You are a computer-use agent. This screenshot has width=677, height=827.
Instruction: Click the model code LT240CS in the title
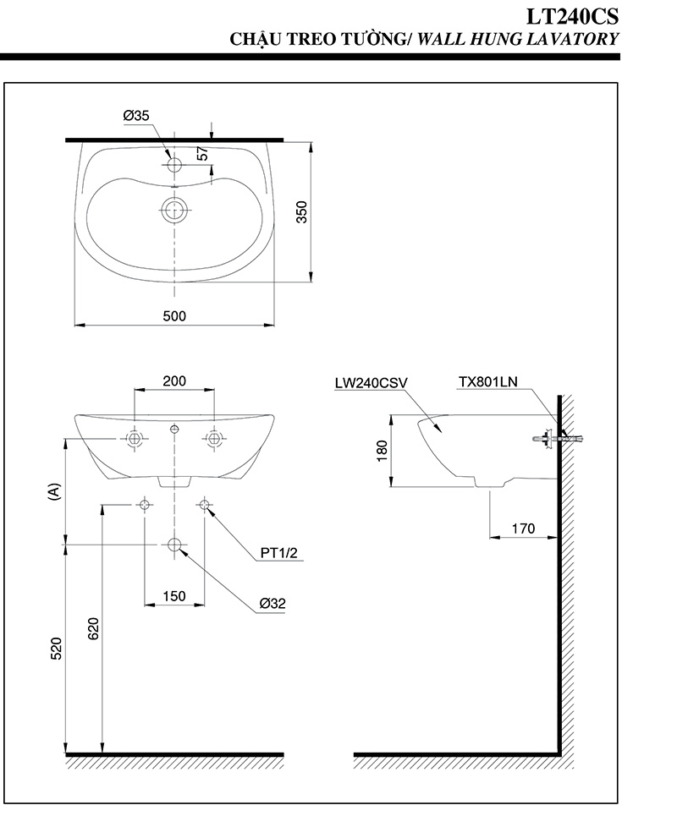click(x=571, y=16)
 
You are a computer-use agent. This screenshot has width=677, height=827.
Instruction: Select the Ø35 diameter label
click(x=135, y=115)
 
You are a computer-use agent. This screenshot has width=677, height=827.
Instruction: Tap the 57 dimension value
click(x=202, y=154)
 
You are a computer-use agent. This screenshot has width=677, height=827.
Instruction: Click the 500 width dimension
click(x=173, y=315)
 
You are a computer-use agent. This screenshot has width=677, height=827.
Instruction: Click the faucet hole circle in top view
click(x=174, y=164)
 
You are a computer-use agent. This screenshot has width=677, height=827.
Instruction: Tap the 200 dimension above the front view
click(x=173, y=381)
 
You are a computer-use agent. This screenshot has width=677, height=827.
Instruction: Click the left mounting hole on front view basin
click(x=134, y=439)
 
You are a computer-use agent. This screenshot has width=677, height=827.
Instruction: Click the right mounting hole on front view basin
click(x=214, y=439)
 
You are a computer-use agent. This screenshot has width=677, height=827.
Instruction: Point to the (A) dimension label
click(x=53, y=491)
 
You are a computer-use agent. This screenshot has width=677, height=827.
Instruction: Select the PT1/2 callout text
click(x=279, y=554)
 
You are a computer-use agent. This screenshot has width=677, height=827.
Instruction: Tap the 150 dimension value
click(x=173, y=596)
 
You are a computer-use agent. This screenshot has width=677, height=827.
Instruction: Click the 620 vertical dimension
click(x=93, y=627)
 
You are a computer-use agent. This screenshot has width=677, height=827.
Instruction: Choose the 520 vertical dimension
click(x=56, y=647)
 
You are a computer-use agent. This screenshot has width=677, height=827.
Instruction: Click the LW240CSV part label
click(x=371, y=382)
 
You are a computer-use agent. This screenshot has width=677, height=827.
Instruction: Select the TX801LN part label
click(x=487, y=382)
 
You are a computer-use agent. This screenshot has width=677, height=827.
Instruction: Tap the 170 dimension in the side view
click(x=523, y=529)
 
